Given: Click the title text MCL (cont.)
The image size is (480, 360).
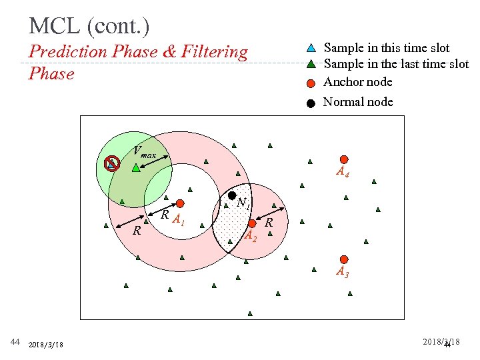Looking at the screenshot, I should [89, 26].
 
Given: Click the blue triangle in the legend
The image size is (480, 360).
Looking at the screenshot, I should [311, 48].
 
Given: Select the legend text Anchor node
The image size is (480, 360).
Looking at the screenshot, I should [357, 82].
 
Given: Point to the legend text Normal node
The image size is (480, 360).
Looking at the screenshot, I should [357, 102].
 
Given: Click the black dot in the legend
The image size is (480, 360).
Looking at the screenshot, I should [311, 103].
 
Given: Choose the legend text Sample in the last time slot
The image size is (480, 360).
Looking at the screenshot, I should [396, 65].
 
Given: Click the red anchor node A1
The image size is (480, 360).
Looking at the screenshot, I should [180, 204].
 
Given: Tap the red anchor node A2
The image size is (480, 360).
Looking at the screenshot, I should [252, 224].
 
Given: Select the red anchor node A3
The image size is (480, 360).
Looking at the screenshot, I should [343, 259].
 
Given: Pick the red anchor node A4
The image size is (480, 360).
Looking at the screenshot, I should [343, 159].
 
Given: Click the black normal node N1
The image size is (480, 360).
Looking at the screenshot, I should [232, 196].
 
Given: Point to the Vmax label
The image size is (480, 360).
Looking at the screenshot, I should [144, 153].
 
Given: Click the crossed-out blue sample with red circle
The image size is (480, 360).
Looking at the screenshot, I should [113, 163].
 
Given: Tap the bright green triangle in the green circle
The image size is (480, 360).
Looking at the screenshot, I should [136, 168].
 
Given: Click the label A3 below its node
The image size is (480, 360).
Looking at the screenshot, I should [342, 272].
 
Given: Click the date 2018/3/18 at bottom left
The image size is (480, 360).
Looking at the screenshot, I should [47, 345].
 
